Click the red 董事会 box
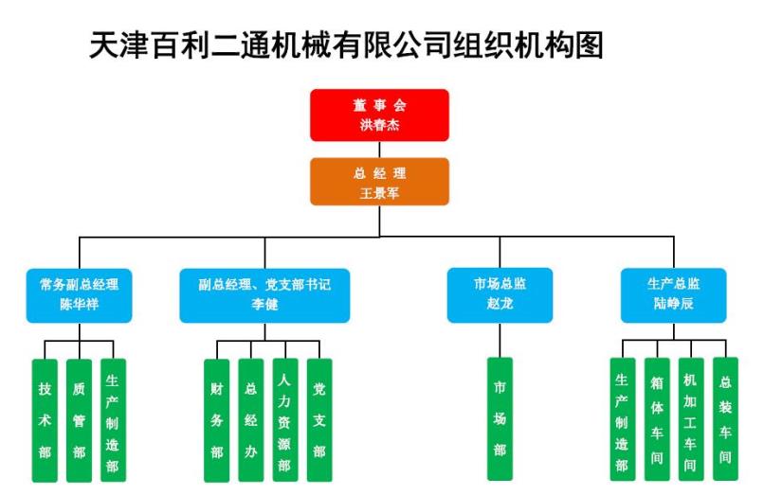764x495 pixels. [x=379, y=115]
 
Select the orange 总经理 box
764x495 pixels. [x=379, y=182]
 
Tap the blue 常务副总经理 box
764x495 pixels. [x=79, y=295]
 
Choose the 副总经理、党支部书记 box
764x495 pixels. [x=264, y=295]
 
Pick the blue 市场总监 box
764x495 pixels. [x=500, y=295]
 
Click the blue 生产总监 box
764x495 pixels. [x=673, y=295]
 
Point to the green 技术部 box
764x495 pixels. [x=45, y=420]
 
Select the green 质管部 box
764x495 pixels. [x=79, y=420]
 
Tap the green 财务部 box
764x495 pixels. [x=217, y=420]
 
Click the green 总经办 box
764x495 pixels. [x=251, y=420]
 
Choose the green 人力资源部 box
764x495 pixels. [x=285, y=420]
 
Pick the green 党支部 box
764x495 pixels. [x=319, y=420]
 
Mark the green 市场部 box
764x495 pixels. [x=500, y=419]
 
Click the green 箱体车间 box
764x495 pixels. [x=657, y=419]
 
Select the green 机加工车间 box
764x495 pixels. [x=691, y=419]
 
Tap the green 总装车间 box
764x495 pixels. [x=725, y=418]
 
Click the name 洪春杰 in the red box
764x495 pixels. [x=379, y=125]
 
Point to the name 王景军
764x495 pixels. [x=379, y=193]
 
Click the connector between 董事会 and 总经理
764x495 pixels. [x=379, y=150]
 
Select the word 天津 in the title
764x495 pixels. [x=119, y=45]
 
